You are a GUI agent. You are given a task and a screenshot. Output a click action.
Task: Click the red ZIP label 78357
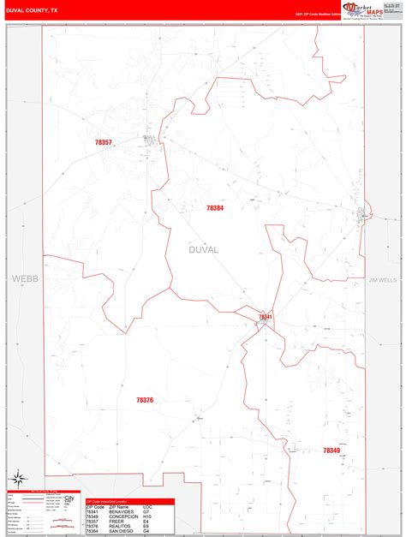(x=103, y=142)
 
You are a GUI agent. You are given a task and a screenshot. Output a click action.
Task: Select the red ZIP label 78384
(x=215, y=208)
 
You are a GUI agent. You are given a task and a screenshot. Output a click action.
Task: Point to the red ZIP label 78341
(x=266, y=317)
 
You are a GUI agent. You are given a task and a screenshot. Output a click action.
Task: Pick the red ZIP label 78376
(x=145, y=400)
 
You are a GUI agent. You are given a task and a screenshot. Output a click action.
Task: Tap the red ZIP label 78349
(x=331, y=450)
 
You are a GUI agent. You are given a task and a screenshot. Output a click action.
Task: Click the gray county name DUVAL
(x=204, y=249)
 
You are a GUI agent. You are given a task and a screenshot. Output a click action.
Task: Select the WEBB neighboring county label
(x=21, y=279)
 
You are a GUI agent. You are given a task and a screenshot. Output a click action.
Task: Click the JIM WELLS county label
(x=383, y=280)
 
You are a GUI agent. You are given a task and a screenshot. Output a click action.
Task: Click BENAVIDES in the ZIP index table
(x=122, y=511)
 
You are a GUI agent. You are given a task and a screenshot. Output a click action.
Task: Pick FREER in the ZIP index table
(x=116, y=521)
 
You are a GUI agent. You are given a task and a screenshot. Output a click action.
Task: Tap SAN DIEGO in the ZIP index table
(x=122, y=530)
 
